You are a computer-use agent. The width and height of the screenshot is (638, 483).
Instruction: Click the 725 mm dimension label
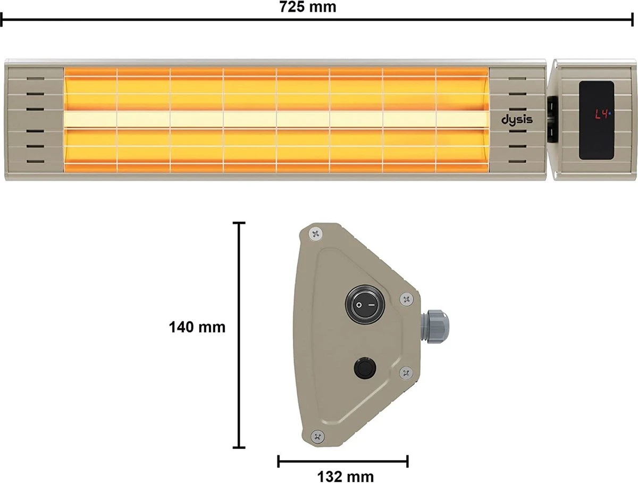click(307, 7)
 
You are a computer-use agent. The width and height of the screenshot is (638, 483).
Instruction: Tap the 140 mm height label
click(197, 327)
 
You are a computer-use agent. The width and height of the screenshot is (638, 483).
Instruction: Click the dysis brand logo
click(517, 119)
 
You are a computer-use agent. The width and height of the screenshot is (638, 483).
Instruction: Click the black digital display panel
click(596, 121)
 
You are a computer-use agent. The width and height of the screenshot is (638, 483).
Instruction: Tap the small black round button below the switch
click(364, 368)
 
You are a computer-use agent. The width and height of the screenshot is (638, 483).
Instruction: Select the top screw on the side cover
click(317, 232)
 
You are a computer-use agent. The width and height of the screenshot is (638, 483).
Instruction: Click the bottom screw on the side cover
click(317, 436)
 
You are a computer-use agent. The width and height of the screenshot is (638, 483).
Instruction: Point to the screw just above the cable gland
click(407, 299)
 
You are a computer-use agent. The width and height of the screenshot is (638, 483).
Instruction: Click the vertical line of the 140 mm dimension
click(240, 335)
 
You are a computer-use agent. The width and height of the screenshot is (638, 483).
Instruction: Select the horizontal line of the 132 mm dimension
click(342, 461)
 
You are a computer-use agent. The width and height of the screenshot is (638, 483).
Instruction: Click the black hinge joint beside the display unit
click(551, 119)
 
